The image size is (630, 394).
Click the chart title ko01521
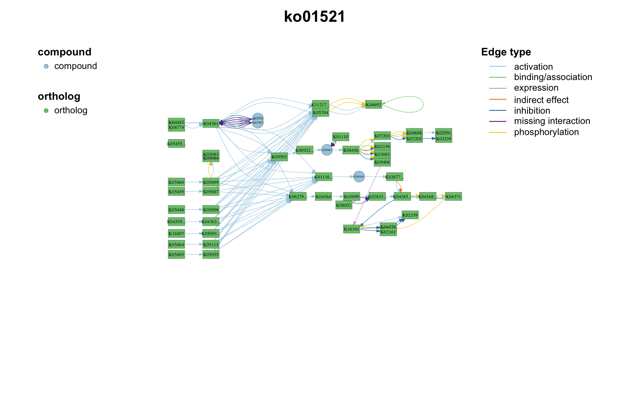coord(315,17)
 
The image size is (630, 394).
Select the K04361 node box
coord(211,124)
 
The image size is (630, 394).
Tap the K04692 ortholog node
coord(373,105)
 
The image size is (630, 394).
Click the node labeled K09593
coord(279,157)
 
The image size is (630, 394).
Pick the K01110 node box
coord(340,137)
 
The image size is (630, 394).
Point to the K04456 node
coord(351,150)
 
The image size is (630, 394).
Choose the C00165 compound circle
coord(359,176)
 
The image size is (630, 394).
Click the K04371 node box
coord(453,197)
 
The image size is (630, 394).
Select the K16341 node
coord(352,229)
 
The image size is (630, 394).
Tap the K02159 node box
coord(410,215)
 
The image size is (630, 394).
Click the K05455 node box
coord(176,144)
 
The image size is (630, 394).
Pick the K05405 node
coord(176,254)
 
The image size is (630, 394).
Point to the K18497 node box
coord(176,234)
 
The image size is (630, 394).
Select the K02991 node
coord(443,133)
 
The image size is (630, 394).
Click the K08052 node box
coord(344,205)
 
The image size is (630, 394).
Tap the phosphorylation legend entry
coord(546,132)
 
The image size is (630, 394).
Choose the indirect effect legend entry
coord(541,100)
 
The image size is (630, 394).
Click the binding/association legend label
coord(553,77)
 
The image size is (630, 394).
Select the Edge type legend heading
coord(506,52)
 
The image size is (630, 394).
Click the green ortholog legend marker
coord(46,110)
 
